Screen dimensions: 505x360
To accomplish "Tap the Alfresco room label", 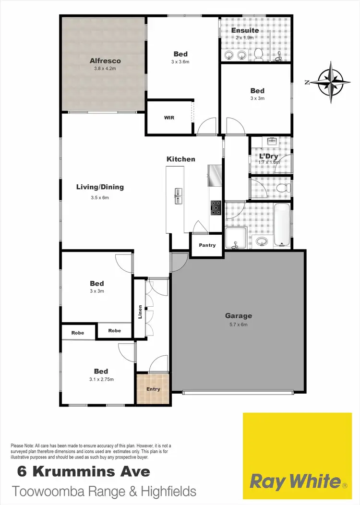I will click(105, 61).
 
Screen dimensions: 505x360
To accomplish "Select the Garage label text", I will click(239, 316).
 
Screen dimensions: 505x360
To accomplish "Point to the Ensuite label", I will click(245, 30).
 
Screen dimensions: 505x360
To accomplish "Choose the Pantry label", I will click(207, 245).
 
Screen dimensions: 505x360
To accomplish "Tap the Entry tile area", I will click(153, 389).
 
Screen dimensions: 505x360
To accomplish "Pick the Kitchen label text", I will click(181, 159).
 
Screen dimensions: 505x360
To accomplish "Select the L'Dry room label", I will click(268, 156).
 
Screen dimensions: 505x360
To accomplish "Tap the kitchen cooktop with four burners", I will click(216, 207).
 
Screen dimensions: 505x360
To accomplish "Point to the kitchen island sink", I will click(178, 195).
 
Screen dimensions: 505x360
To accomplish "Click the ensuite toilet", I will click(258, 54).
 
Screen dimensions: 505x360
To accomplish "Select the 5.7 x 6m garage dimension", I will click(239, 325).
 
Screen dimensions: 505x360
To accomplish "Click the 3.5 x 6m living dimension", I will click(100, 197).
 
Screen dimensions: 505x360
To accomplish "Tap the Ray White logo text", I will click(295, 481).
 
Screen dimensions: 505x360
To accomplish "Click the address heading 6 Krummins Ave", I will click(84, 471).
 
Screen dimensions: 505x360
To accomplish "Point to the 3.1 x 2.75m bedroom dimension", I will click(101, 380).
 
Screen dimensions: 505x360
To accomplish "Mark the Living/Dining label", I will click(100, 187).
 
